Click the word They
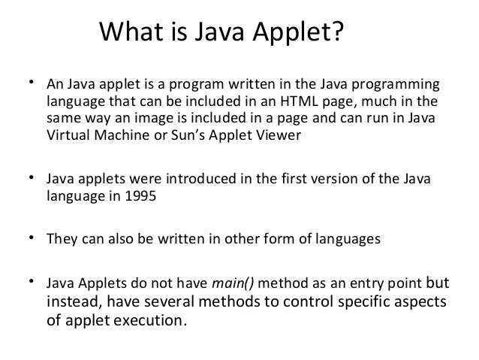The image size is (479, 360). (62, 240)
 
